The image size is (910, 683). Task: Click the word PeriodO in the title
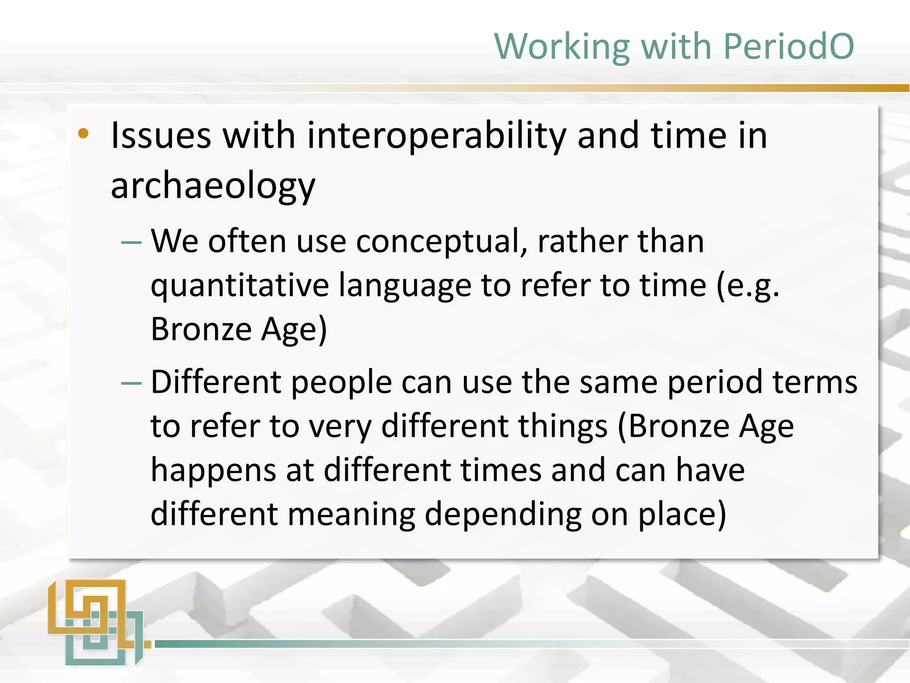789,46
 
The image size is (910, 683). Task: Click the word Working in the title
562,47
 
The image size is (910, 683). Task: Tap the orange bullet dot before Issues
83,133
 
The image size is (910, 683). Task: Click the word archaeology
213,186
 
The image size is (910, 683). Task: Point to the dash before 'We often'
131,242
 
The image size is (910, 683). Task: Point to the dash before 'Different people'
131,383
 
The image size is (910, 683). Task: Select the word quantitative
239,286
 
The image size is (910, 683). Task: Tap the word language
405,286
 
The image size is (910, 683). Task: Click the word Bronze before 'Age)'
201,329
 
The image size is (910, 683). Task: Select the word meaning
351,514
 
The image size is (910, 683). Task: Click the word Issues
160,136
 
